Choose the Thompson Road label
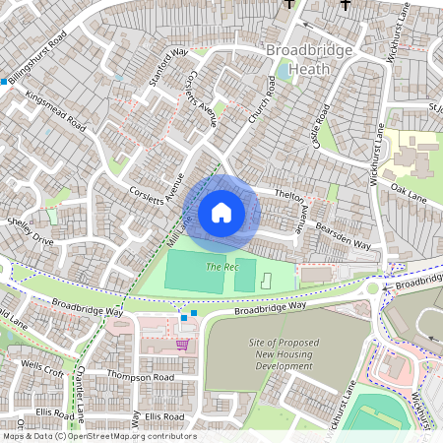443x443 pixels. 141,377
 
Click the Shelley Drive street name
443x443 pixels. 30,231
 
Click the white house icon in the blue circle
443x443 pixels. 221,212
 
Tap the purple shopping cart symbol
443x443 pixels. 182,345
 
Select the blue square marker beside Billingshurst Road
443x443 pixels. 5,82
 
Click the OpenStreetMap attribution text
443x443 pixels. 98,436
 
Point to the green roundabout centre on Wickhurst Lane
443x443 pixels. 375,289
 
